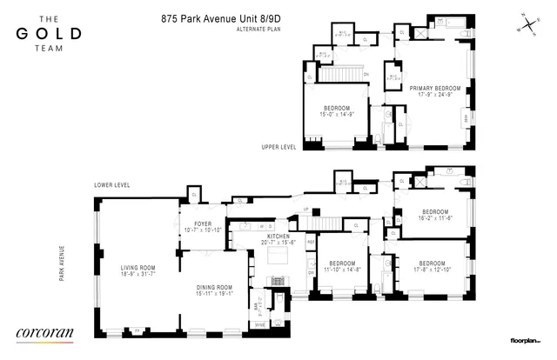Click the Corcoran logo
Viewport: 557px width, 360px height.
click(45, 331)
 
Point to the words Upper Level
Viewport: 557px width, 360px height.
click(278, 147)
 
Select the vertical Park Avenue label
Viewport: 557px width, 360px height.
click(63, 266)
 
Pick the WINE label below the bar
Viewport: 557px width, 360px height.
click(258, 324)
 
